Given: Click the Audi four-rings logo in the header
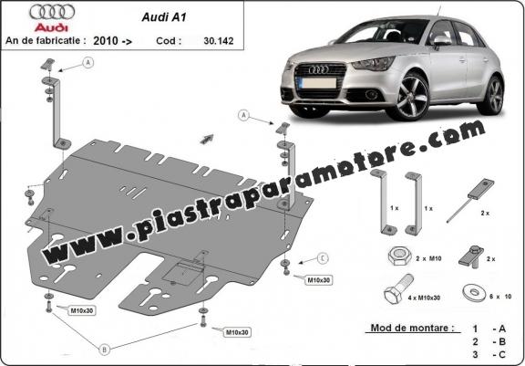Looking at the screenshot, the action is point(52,12).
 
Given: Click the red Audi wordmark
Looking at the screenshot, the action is point(52,27).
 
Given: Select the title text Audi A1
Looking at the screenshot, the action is point(164,17).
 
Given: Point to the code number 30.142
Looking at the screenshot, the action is point(219,41).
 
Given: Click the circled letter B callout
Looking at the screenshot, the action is point(105,350).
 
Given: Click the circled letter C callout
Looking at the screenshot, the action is point(323,258).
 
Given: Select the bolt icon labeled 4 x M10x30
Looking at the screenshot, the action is point(398,289).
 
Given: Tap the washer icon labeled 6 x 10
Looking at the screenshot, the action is point(475,292).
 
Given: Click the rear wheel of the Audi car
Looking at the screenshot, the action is point(494,95).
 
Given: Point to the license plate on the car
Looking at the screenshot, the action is point(316,82).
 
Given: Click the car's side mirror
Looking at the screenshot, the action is point(442,40).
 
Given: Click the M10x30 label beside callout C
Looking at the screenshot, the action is point(318,280).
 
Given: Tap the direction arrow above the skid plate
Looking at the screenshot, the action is point(207,139).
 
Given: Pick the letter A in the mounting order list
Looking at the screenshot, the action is point(502,329).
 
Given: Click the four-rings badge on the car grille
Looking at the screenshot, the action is point(318,69).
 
